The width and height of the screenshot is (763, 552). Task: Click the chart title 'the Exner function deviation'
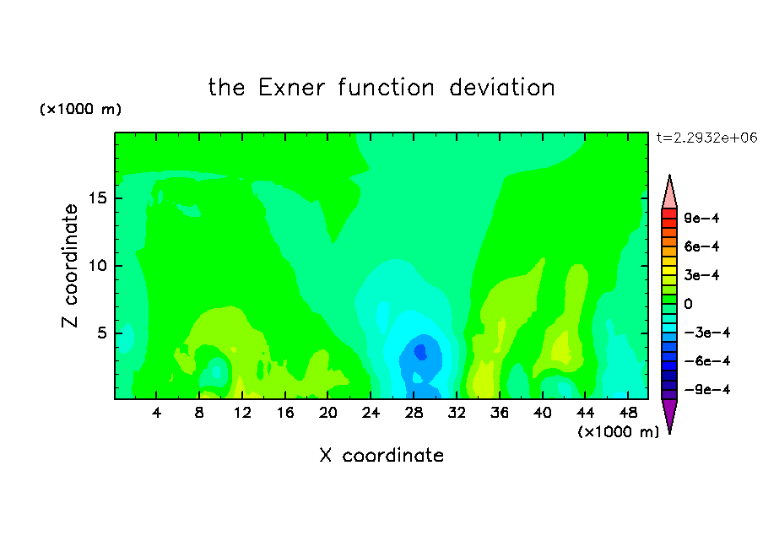[381, 88]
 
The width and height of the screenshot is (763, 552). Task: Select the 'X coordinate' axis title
[381, 455]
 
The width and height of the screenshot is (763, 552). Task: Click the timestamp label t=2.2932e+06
[706, 138]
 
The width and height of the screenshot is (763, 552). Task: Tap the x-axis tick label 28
[414, 413]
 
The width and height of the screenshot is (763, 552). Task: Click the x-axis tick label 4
[156, 413]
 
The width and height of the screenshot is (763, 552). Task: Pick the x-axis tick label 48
[628, 413]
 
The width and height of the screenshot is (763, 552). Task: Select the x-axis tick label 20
[328, 413]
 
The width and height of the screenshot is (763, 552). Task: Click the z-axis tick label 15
[98, 198]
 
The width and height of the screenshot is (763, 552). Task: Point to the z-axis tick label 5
[101, 333]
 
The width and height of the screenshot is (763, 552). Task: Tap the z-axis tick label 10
[98, 266]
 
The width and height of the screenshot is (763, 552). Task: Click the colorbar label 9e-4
[701, 218]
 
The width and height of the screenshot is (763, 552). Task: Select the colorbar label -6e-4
[707, 361]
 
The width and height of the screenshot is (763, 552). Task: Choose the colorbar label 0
[688, 304]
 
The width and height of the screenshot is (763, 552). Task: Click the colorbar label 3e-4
[701, 275]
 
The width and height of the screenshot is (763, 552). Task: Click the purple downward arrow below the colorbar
[669, 414]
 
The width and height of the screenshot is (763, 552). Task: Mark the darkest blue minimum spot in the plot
[420, 351]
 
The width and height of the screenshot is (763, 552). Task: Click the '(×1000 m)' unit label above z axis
[80, 109]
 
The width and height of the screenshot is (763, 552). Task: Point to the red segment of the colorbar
[669, 214]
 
